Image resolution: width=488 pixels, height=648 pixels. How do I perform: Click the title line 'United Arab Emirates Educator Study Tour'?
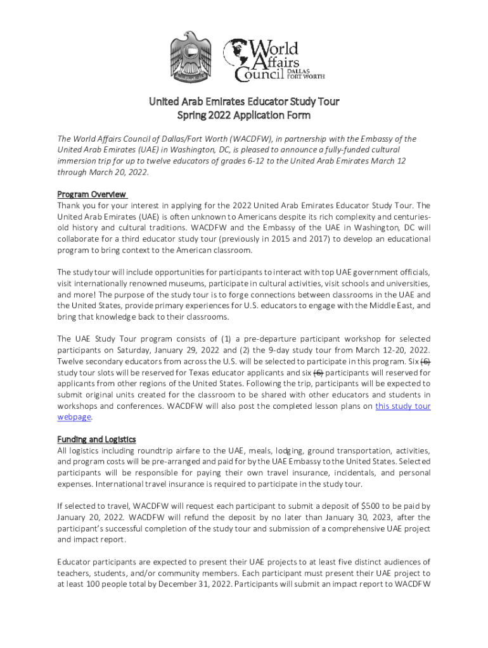(x=244, y=101)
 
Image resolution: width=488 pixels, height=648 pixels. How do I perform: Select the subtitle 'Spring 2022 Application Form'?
(x=244, y=116)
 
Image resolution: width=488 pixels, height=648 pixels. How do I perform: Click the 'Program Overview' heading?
(x=92, y=194)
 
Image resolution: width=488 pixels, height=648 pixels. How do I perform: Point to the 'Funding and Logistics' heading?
(x=96, y=439)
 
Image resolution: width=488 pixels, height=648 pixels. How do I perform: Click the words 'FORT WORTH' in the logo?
(x=306, y=77)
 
